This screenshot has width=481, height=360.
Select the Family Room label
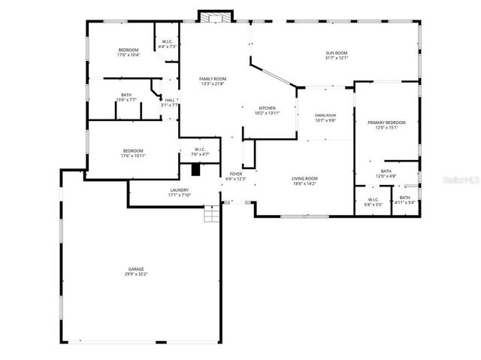(213, 78)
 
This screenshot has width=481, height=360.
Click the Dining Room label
(325, 114)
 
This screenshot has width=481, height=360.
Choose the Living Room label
(304, 177)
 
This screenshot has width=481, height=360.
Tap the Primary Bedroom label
(386, 122)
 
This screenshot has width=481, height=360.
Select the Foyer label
(236, 174)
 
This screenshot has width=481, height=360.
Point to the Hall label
(170, 100)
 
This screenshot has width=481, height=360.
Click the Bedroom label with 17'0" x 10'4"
(128, 50)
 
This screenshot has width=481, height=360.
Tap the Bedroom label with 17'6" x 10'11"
(132, 150)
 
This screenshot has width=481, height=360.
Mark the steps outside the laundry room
(213, 215)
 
